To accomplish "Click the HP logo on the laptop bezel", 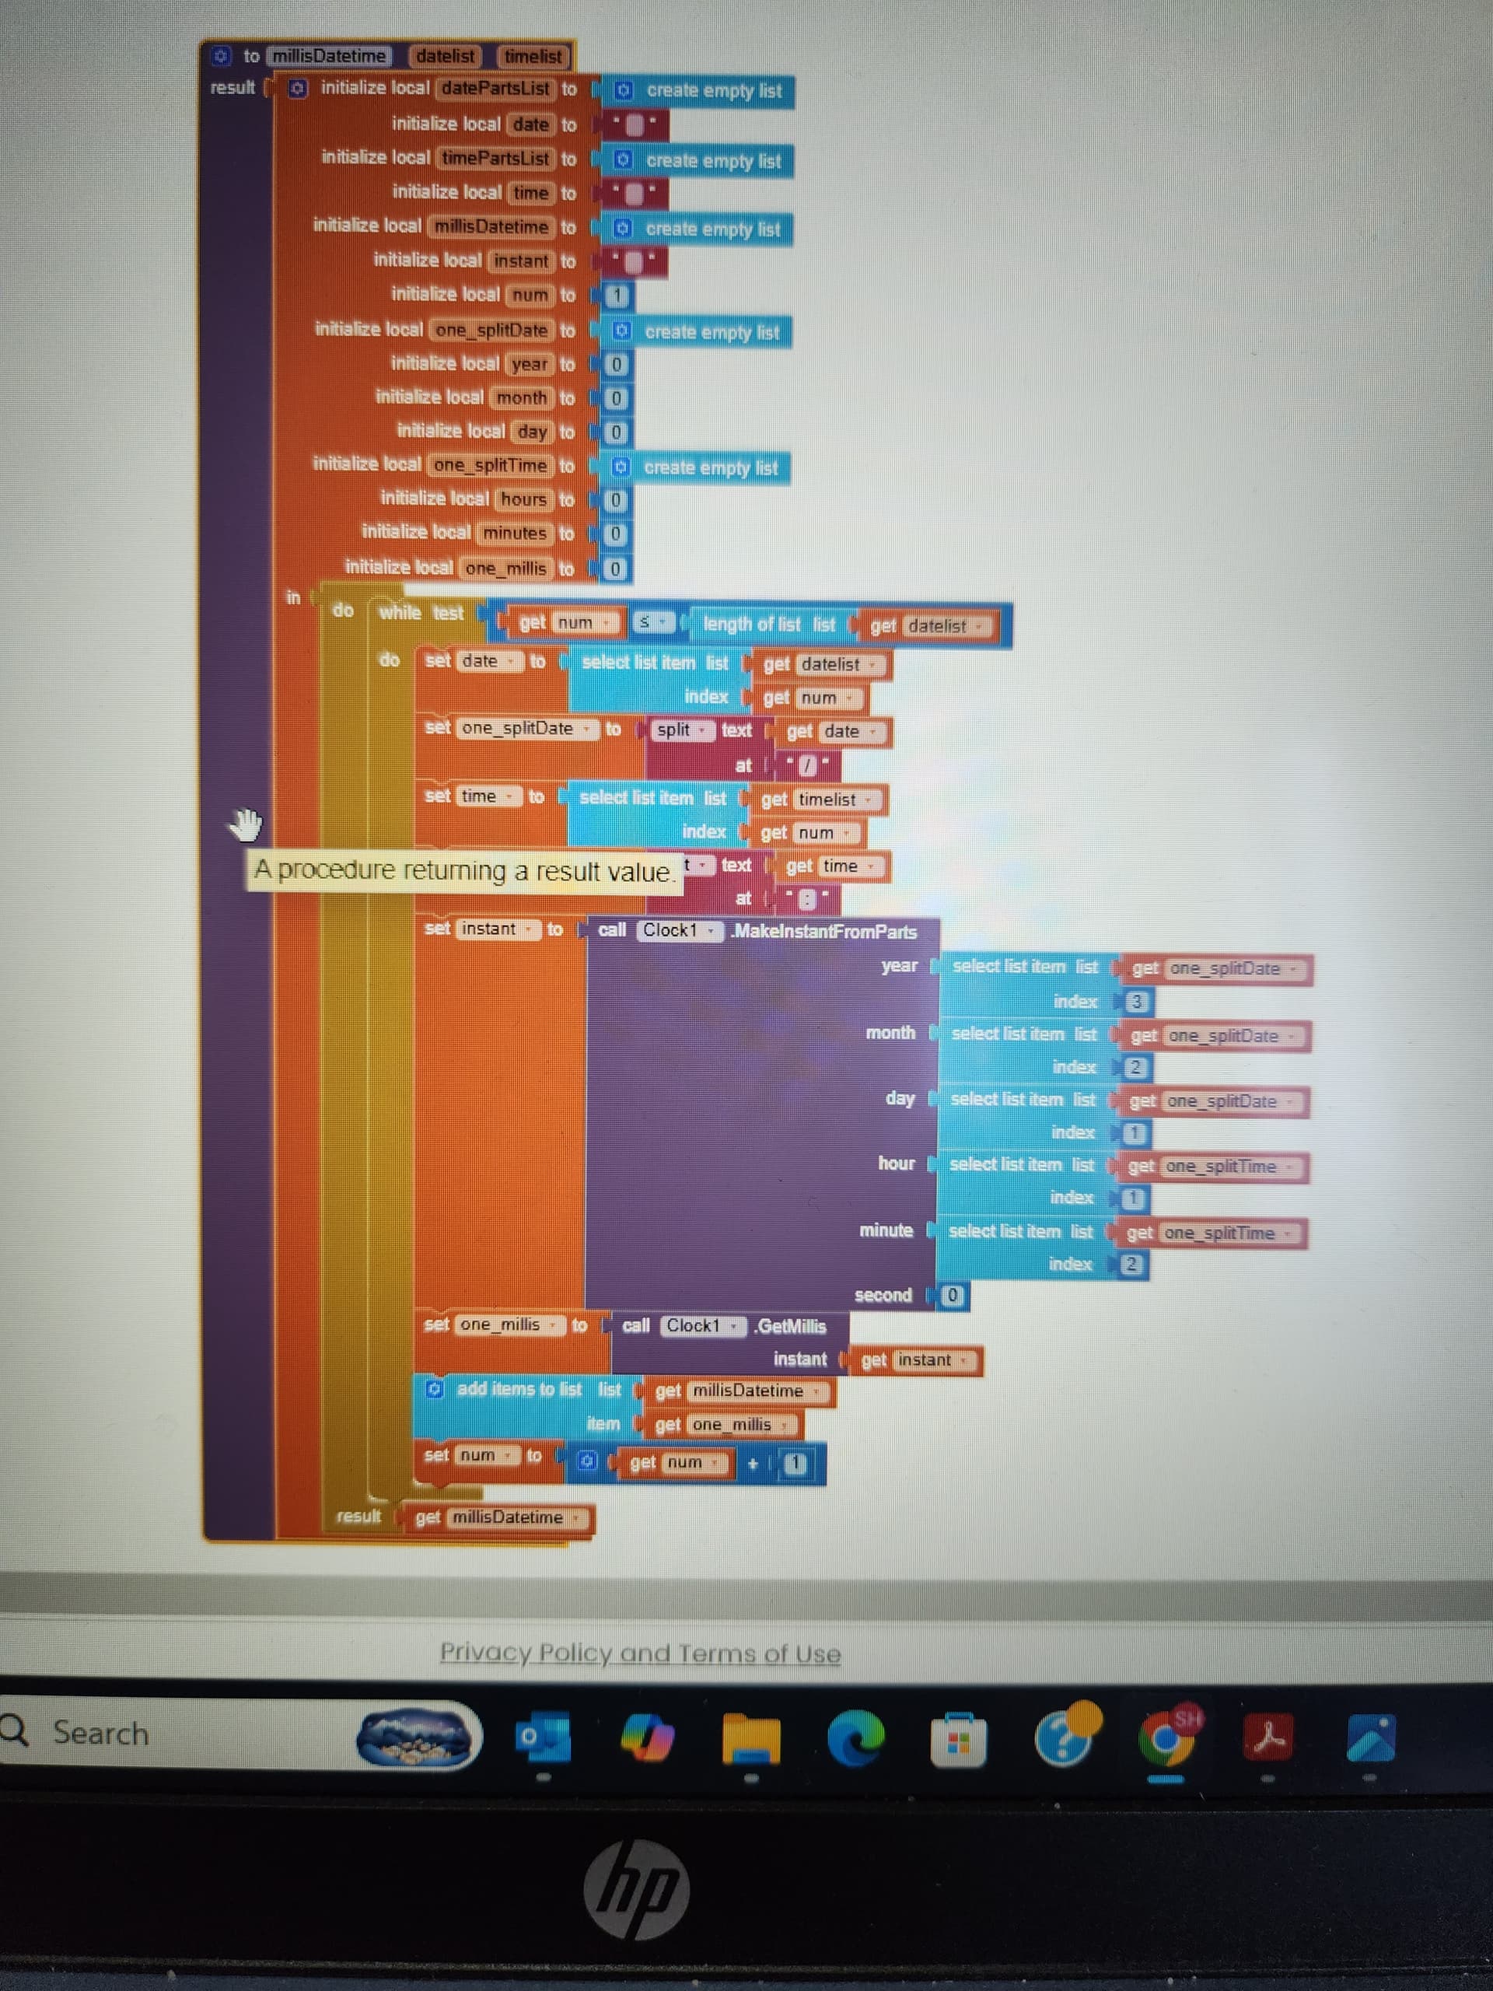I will (636, 1889).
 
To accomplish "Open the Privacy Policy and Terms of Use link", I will (640, 1653).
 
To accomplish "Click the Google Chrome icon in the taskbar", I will (1166, 1738).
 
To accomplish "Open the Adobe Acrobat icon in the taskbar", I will (1268, 1738).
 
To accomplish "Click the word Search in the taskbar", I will (100, 1734).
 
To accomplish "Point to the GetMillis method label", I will (790, 1326).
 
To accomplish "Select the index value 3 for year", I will (1137, 1002).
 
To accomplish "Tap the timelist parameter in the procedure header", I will (533, 56).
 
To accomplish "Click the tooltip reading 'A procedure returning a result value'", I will (463, 870).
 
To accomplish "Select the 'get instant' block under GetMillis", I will (911, 1360).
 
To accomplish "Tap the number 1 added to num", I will (794, 1464).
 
